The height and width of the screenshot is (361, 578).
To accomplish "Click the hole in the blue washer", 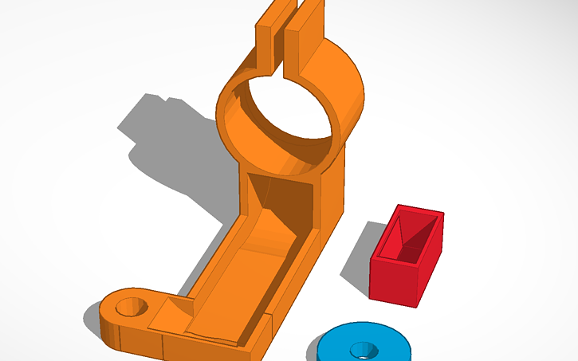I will (x=364, y=350).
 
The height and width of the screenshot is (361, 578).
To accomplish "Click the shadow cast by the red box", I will (x=359, y=255).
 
